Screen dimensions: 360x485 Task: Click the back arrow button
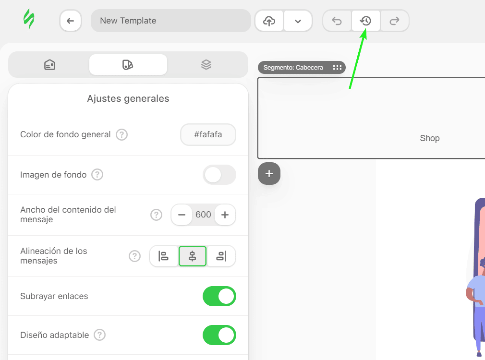(71, 21)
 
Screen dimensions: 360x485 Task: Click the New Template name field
(170, 21)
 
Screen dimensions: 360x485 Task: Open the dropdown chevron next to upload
(298, 21)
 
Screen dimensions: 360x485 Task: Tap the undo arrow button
(337, 21)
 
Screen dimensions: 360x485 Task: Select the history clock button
(366, 21)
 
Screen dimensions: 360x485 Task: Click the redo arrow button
(395, 21)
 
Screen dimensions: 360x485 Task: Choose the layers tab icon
(206, 64)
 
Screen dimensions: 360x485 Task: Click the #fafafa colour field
(208, 134)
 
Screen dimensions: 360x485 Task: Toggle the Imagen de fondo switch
(219, 175)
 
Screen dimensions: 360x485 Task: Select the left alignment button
(164, 256)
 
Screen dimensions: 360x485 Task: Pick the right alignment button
(221, 256)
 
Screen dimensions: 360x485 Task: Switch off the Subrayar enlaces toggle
(219, 296)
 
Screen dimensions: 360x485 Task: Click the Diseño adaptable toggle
(219, 335)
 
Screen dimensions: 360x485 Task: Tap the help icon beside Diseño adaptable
(99, 335)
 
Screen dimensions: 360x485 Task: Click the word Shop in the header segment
(430, 138)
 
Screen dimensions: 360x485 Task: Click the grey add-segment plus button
(269, 174)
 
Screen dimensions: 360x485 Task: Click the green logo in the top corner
(29, 20)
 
